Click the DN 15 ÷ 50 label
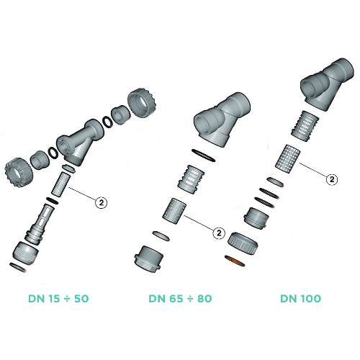[58, 299]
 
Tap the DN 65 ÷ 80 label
[180, 299]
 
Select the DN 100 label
[300, 299]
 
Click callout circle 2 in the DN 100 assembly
[332, 179]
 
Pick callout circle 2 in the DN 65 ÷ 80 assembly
[219, 233]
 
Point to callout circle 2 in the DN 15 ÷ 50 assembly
[102, 203]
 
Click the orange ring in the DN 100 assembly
[235, 261]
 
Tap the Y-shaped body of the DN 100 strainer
[328, 84]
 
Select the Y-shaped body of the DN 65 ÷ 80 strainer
[222, 119]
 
